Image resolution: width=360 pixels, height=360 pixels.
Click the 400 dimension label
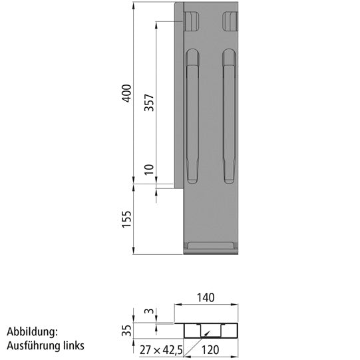126,94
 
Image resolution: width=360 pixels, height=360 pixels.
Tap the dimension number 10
149,170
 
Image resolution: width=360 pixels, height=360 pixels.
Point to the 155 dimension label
126,220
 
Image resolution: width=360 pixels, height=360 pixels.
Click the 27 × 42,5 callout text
159,347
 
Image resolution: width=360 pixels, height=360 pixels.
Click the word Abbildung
33,331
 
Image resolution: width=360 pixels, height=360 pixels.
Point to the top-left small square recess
192,21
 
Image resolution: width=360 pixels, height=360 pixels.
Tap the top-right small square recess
230,21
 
